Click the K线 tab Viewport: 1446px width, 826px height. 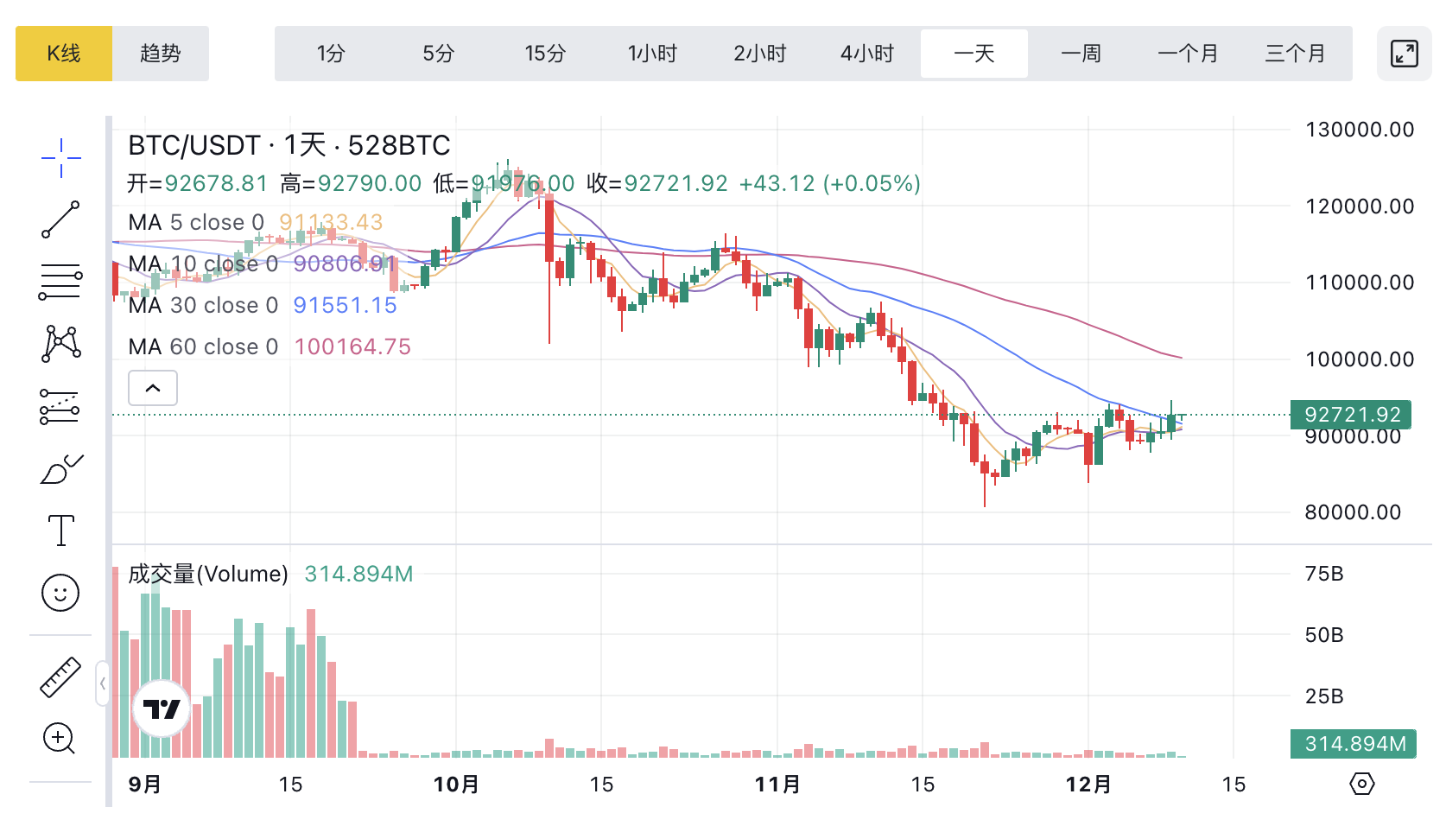pos(64,54)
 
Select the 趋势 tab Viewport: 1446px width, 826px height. pos(161,54)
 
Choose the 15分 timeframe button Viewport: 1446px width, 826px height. pos(545,54)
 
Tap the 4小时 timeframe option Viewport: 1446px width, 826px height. pos(867,54)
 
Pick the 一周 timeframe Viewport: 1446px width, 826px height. pos(1081,54)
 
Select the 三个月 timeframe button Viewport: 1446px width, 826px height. pos(1295,54)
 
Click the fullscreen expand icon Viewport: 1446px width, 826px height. pos(1405,54)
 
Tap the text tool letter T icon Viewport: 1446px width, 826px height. pos(61,530)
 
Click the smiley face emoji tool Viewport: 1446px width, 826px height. pos(60,593)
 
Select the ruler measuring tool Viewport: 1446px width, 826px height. pos(60,677)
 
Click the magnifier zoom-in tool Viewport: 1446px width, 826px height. pos(60,739)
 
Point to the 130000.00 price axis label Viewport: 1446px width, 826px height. pos(1360,130)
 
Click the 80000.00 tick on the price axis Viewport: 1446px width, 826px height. pos(1353,512)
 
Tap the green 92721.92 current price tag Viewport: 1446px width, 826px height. pos(1352,415)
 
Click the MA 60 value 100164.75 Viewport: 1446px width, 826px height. pos(352,346)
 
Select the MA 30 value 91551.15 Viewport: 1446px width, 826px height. pos(345,305)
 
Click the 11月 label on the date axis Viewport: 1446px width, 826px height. pos(777,785)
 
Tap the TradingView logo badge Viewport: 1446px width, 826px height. pos(162,709)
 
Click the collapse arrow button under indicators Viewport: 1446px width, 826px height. pos(153,388)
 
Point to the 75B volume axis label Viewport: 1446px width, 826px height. pos(1324,574)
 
